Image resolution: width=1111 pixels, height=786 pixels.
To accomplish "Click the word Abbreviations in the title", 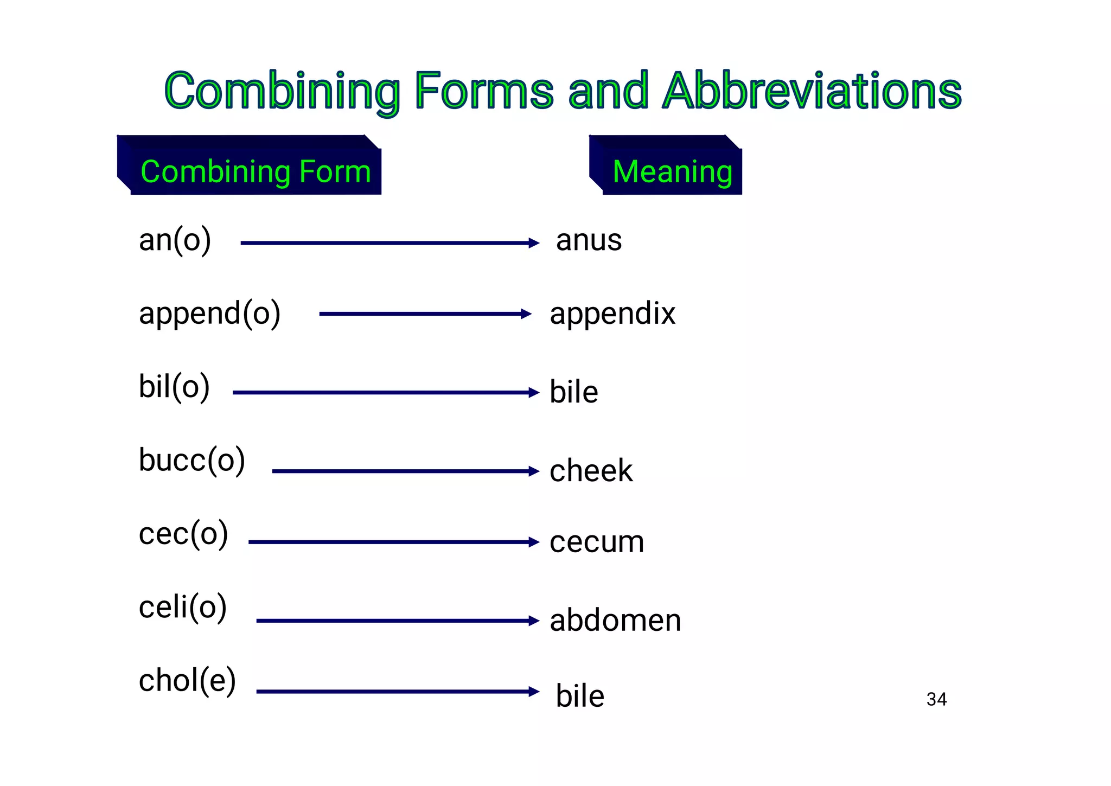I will (812, 91).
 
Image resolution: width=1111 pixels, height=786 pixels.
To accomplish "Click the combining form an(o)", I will (175, 240).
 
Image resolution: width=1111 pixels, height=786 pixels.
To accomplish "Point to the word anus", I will (589, 240).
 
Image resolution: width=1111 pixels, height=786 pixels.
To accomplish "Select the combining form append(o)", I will (209, 314).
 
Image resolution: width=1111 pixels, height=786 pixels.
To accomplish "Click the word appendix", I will (612, 314).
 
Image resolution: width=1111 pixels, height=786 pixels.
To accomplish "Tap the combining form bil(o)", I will (174, 387).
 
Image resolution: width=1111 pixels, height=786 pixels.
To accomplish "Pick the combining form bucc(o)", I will (192, 461).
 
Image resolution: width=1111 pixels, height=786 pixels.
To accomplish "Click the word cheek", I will (591, 470).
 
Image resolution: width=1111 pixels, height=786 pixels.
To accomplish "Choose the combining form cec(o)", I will (183, 534).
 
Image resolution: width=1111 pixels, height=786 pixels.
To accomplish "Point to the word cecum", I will (597, 541).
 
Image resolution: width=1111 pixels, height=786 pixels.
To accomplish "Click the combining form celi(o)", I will (183, 607).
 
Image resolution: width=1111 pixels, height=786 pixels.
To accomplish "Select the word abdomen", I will (615, 620).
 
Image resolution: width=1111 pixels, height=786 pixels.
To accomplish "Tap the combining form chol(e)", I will (187, 680).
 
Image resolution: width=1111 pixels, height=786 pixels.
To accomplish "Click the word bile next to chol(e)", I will (580, 696).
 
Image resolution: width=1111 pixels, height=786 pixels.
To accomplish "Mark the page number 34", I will (936, 699).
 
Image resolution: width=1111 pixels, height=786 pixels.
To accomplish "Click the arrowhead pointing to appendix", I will (526, 314).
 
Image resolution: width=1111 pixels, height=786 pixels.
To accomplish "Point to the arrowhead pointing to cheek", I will (534, 471).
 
